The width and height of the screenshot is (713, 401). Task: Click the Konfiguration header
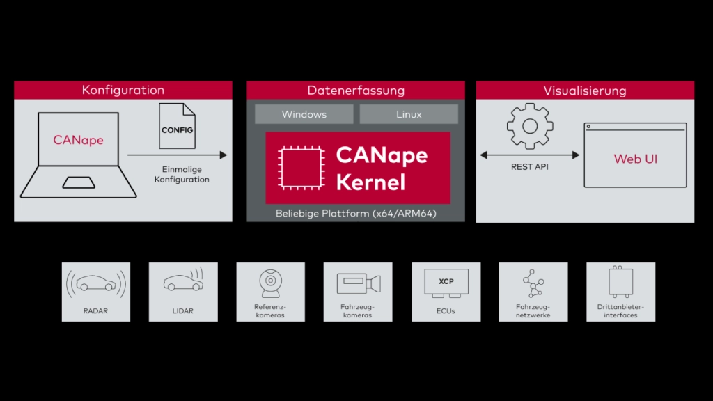tap(123, 90)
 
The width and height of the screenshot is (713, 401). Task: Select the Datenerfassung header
tap(356, 91)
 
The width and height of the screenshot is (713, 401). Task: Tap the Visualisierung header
tap(584, 91)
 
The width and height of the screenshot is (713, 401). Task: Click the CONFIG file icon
tap(177, 127)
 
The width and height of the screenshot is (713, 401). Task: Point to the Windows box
tap(304, 114)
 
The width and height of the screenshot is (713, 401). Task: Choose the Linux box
tap(409, 114)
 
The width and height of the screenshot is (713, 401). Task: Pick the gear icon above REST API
tap(529, 126)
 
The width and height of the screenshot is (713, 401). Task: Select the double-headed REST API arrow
tap(529, 155)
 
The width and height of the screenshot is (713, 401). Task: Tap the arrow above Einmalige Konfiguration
tap(178, 155)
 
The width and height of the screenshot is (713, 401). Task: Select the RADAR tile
tap(96, 292)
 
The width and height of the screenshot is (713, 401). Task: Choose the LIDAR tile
tap(183, 292)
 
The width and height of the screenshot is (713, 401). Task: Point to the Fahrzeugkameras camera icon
tap(359, 283)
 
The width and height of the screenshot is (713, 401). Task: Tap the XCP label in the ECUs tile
tap(446, 282)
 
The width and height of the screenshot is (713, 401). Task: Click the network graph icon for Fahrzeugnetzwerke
tap(533, 283)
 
